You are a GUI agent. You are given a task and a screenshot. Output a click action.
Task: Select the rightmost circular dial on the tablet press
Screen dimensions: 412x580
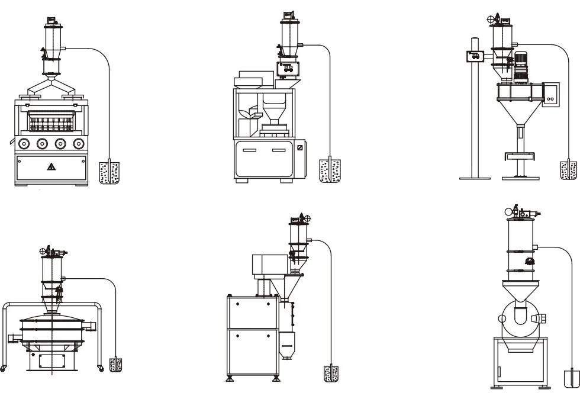click(78, 143)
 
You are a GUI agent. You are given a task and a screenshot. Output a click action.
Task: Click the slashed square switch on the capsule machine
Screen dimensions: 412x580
click(300, 147)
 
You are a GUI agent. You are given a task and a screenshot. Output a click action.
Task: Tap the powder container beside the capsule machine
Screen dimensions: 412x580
click(330, 170)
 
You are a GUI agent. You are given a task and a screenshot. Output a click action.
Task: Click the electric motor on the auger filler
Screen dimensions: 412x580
click(521, 65)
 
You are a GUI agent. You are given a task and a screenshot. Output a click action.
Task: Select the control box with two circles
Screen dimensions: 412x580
click(551, 93)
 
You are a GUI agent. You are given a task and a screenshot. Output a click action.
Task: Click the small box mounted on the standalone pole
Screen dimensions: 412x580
click(474, 57)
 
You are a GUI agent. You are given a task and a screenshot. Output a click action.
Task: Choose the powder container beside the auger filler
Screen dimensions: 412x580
click(568, 170)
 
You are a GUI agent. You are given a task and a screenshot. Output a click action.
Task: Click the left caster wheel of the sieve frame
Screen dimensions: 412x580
click(4, 368)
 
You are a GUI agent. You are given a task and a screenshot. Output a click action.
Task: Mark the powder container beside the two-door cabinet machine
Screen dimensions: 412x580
click(331, 374)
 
